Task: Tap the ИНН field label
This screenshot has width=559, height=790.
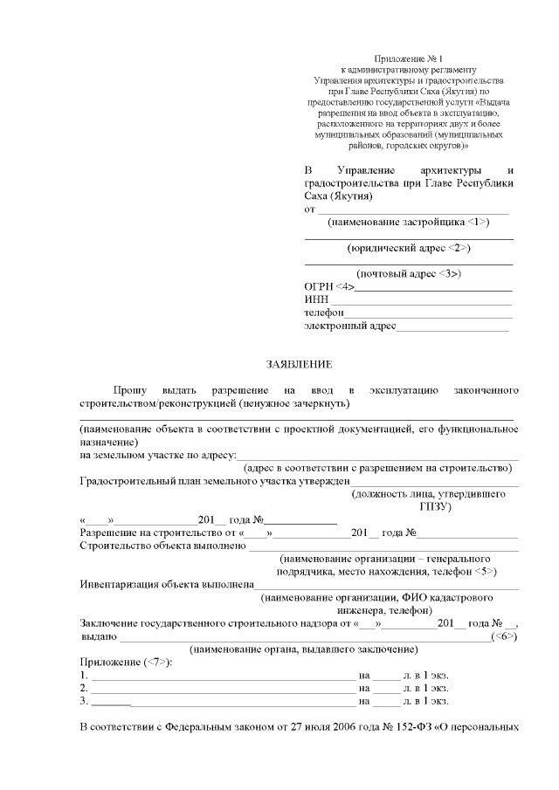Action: [x=315, y=299]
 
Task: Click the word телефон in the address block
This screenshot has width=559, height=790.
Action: [x=324, y=313]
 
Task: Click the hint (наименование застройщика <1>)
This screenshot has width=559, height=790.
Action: [x=408, y=223]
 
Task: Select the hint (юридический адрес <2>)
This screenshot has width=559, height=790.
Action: [x=408, y=248]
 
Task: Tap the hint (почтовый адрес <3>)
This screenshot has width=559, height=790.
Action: [x=408, y=273]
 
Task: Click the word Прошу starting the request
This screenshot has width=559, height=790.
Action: [x=130, y=388]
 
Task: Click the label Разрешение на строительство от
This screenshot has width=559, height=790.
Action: [x=158, y=532]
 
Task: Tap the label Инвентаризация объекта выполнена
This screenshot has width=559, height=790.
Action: [x=167, y=584]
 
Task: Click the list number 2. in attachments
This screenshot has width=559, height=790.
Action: [x=84, y=687]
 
